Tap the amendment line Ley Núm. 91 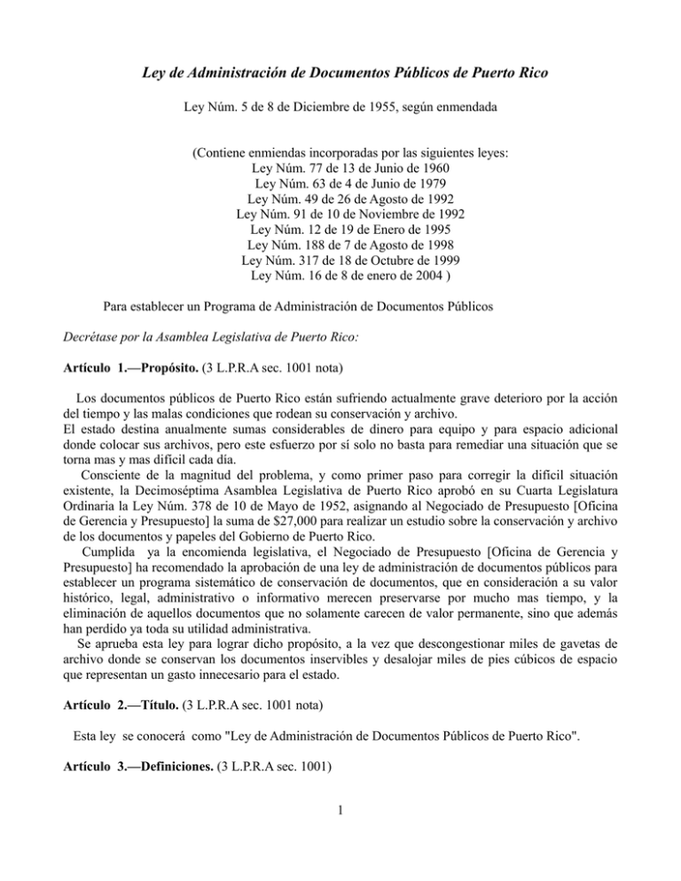340,215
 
